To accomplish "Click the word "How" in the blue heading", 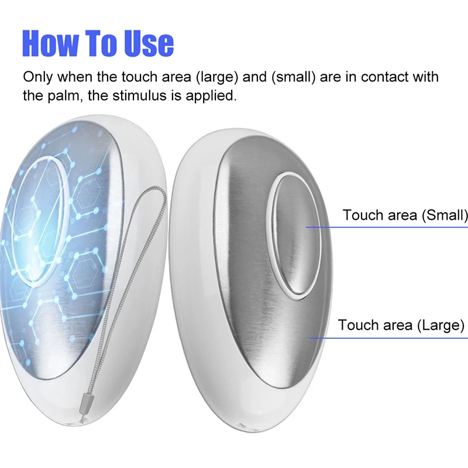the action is click(x=50, y=43).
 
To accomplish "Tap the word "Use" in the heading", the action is click(x=149, y=43).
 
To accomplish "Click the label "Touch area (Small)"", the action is click(x=405, y=215).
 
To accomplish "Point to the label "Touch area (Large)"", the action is click(x=401, y=325).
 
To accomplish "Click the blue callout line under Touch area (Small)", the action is click(x=387, y=227).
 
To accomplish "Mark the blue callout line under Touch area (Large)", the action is click(x=388, y=338).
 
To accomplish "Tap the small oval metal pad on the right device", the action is click(x=297, y=235).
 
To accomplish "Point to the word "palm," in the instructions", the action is click(x=66, y=96).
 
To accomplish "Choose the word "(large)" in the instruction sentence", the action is click(x=217, y=77).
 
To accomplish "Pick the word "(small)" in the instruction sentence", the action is click(x=294, y=77).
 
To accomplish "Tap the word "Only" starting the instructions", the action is click(x=37, y=77).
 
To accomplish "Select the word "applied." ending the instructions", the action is click(x=211, y=96).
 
